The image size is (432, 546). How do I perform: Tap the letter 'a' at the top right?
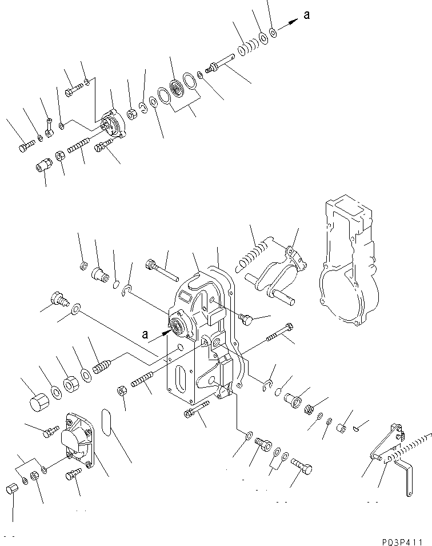(x=307, y=15)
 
